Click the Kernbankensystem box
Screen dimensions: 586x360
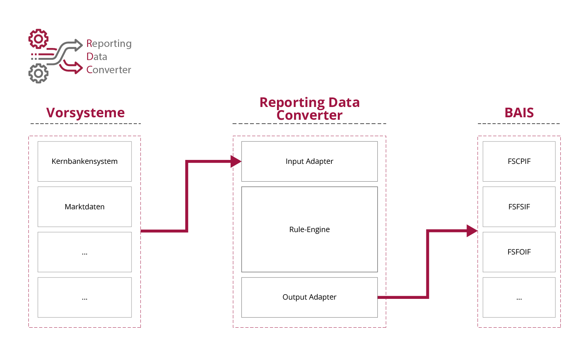pyautogui.click(x=85, y=161)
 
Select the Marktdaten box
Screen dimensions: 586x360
pyautogui.click(x=85, y=206)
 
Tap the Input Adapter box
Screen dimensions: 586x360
pyautogui.click(x=309, y=161)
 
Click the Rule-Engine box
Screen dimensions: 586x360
pyautogui.click(x=309, y=229)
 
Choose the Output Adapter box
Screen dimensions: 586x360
pyautogui.click(x=309, y=297)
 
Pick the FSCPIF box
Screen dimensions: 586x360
pyautogui.click(x=519, y=161)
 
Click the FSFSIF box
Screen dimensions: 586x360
pyautogui.click(x=519, y=206)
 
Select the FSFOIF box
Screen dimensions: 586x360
pyautogui.click(x=519, y=252)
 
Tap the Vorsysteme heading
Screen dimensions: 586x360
pyautogui.click(x=85, y=113)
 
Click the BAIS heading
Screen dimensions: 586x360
pyautogui.click(x=519, y=113)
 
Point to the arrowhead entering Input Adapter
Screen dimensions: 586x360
pyautogui.click(x=236, y=161)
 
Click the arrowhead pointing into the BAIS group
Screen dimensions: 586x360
pyautogui.click(x=472, y=231)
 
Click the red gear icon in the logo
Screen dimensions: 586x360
pyautogui.click(x=38, y=39)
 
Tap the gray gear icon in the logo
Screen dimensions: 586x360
pyautogui.click(x=38, y=74)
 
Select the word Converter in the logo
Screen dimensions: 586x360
pyautogui.click(x=108, y=70)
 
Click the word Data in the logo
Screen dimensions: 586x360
pyautogui.click(x=96, y=57)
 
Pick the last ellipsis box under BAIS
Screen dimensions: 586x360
pyautogui.click(x=519, y=297)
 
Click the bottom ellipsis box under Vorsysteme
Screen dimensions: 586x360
pyautogui.click(x=85, y=297)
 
